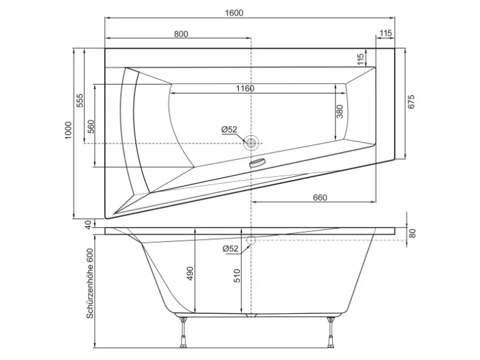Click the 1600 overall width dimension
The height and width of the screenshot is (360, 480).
point(234,12)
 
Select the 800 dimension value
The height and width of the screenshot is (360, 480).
point(181,34)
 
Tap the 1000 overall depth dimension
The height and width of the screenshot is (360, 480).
point(69,130)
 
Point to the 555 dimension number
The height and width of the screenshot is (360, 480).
point(80,100)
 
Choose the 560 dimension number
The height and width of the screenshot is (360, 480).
point(91,126)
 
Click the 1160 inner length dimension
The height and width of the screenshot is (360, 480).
point(245,88)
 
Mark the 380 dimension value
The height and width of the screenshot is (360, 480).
point(340,111)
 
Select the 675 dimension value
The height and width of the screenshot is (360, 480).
point(411,102)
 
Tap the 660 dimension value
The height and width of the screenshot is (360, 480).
point(320,197)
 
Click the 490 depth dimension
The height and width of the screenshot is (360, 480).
point(190,273)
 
